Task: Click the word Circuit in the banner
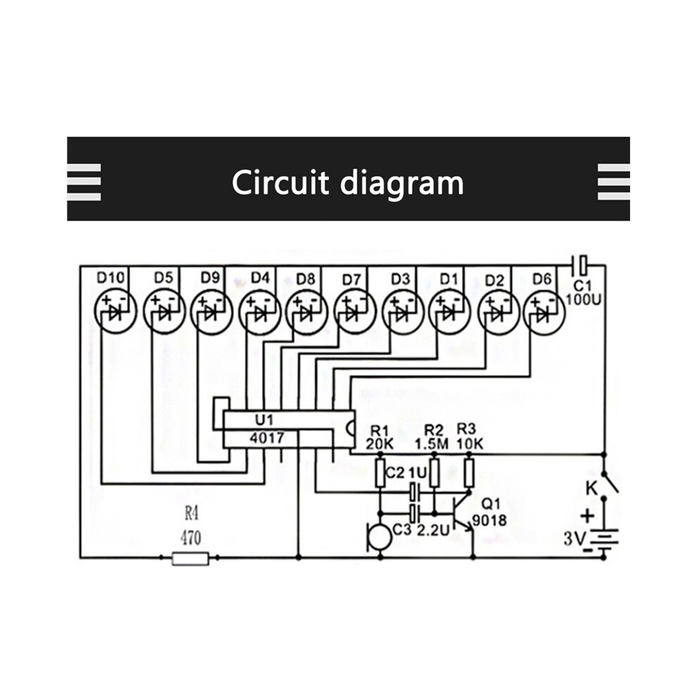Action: [280, 182]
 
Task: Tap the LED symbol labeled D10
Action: [115, 312]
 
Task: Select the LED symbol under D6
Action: [544, 312]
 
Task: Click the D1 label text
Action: [449, 280]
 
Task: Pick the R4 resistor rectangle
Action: [190, 558]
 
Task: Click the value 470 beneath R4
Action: [191, 539]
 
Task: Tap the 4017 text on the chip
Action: [267, 439]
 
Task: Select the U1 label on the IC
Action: [265, 420]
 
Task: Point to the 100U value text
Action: [583, 300]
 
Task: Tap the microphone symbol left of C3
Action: [379, 538]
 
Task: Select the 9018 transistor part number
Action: [489, 520]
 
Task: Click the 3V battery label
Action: [574, 539]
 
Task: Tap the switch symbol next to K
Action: [610, 482]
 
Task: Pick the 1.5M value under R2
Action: [432, 444]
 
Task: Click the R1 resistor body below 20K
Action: [380, 473]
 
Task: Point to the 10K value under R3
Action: [470, 444]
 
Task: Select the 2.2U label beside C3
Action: [433, 529]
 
